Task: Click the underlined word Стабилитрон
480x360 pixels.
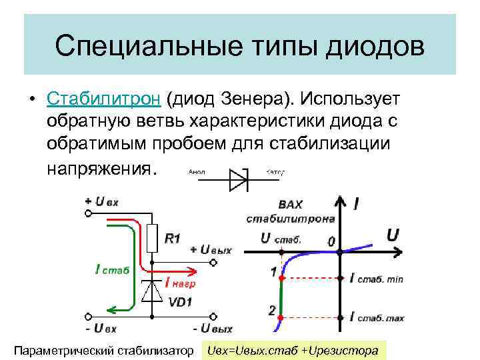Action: (x=103, y=99)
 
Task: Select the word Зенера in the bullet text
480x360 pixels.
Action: (x=256, y=99)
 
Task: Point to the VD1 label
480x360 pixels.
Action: (x=181, y=301)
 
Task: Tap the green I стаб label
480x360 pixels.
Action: (x=112, y=270)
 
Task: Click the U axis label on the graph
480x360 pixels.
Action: (x=393, y=234)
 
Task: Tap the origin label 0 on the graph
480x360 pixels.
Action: (x=331, y=242)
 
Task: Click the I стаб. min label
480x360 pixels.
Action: (x=377, y=279)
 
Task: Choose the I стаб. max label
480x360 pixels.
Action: (x=377, y=318)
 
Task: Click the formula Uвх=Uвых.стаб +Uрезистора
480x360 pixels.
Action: (x=293, y=350)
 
